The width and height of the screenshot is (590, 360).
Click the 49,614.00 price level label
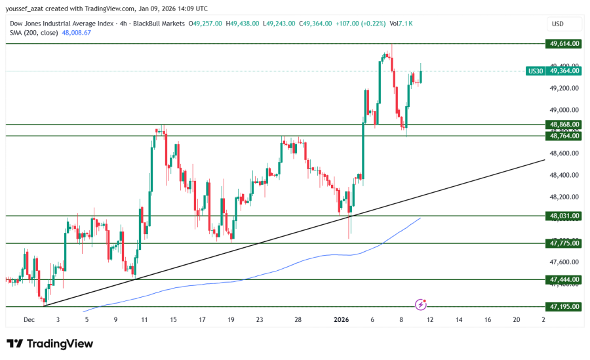(564, 44)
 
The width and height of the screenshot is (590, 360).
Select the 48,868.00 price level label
(564, 124)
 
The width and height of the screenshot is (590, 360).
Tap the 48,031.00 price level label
(564, 216)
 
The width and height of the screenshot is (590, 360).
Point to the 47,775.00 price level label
(564, 243)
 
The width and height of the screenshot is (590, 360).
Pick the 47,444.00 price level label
(564, 279)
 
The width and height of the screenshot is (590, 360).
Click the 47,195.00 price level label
(564, 306)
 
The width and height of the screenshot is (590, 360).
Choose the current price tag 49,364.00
(564, 71)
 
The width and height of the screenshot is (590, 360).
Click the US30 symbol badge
(536, 71)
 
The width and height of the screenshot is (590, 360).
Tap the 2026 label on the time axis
(342, 319)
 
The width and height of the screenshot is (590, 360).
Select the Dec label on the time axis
(29, 319)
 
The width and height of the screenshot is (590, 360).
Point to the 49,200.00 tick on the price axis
(564, 88)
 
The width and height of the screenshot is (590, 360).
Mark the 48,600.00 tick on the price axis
(564, 153)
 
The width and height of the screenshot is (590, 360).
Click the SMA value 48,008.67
(76, 32)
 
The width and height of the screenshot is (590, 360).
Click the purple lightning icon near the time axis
(421, 304)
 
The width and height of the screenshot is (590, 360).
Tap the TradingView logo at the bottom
(50, 344)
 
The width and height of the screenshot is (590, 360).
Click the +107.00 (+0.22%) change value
(357, 24)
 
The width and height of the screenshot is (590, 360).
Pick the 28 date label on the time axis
(298, 319)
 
